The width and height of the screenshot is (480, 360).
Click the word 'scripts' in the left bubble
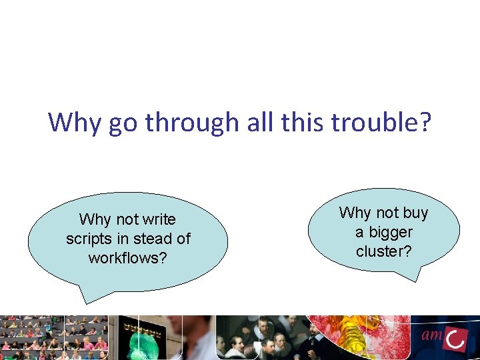(x=88, y=238)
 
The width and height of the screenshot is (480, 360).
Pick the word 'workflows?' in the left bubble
(x=128, y=257)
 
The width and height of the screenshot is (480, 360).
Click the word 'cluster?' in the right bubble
(x=384, y=251)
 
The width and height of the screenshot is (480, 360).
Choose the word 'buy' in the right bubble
(x=415, y=213)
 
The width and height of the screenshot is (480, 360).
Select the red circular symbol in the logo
(x=455, y=339)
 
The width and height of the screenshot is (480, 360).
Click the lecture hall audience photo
(x=53, y=337)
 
